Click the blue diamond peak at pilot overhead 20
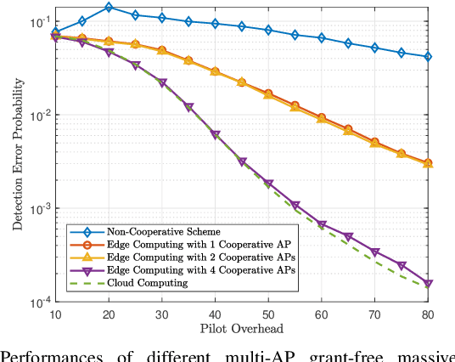coord(109,8)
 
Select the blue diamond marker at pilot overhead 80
coord(428,57)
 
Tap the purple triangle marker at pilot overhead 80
coord(428,284)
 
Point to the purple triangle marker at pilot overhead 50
coord(268,184)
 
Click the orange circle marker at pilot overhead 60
coord(322,117)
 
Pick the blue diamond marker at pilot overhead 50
coord(268,31)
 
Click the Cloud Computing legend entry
coord(145,283)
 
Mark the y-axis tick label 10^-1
coord(39,22)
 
